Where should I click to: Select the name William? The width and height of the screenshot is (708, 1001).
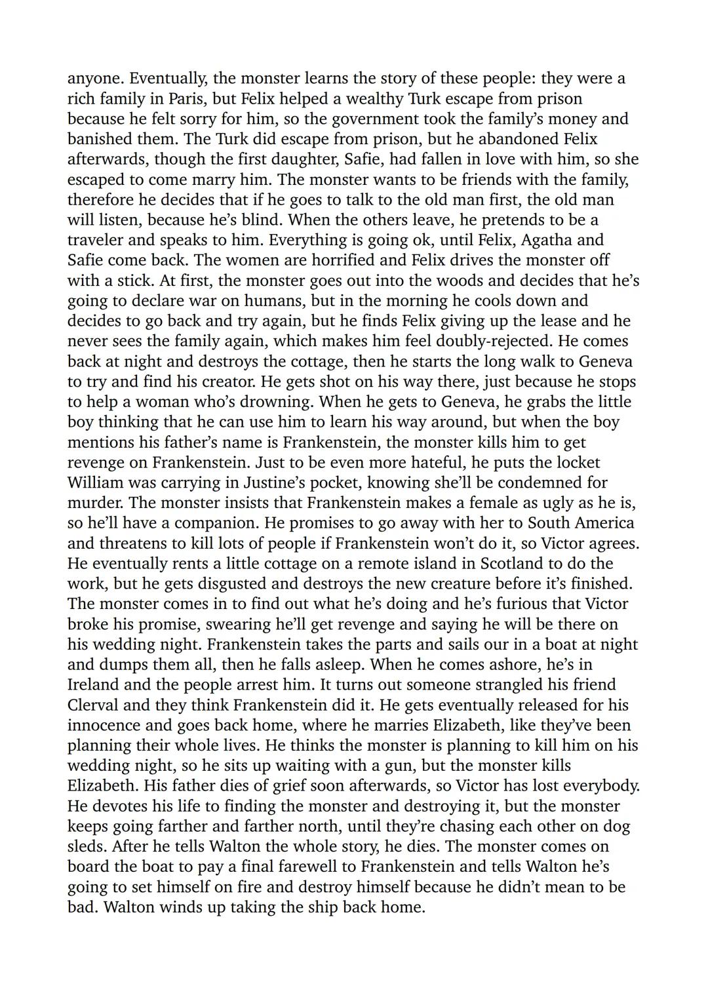(x=98, y=483)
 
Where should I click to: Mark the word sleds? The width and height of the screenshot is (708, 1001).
(x=88, y=846)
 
